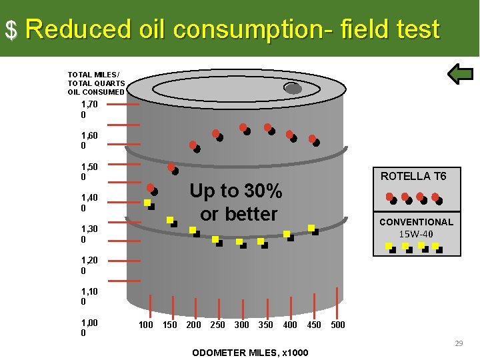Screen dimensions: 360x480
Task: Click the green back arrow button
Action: (x=460, y=74)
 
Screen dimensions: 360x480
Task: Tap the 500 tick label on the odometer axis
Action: (x=338, y=325)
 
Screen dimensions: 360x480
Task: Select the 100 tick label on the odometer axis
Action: (x=145, y=325)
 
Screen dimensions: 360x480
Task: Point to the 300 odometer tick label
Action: (x=242, y=325)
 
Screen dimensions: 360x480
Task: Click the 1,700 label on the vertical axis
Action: (x=89, y=110)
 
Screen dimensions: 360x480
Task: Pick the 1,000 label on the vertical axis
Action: (x=89, y=328)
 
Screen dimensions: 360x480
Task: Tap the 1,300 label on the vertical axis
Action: (x=89, y=234)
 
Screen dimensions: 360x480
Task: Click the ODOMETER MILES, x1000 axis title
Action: (x=249, y=352)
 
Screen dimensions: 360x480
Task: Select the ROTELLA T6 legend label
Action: (x=413, y=176)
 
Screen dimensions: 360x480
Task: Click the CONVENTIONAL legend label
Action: (x=416, y=222)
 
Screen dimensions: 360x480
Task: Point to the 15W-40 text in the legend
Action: (x=416, y=234)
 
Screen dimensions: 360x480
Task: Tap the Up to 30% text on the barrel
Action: (x=236, y=191)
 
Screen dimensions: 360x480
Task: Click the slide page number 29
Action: (x=459, y=343)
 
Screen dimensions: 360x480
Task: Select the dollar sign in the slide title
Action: (x=11, y=29)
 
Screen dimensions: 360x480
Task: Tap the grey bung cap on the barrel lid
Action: (x=293, y=88)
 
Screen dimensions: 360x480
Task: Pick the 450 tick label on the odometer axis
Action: (x=313, y=325)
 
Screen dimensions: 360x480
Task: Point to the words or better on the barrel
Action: (x=238, y=214)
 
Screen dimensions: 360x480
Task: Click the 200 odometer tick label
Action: (x=193, y=325)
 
